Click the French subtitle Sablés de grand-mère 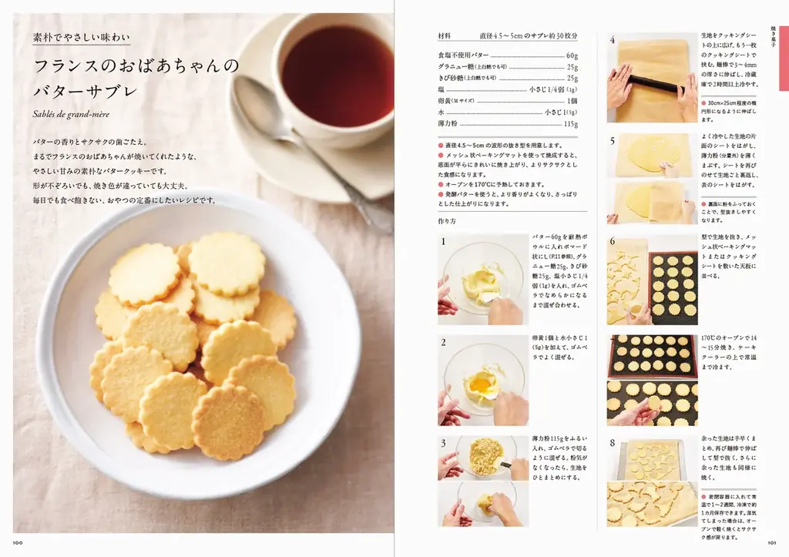pos(72,115)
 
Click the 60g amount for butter pos(571,55)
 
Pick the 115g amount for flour pos(570,123)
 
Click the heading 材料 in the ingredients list pos(445,36)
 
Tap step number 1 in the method pos(444,242)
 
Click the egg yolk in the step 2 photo pos(478,383)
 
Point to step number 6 pos(613,242)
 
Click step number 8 pos(613,443)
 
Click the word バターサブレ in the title pos(85,92)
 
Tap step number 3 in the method pos(444,443)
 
